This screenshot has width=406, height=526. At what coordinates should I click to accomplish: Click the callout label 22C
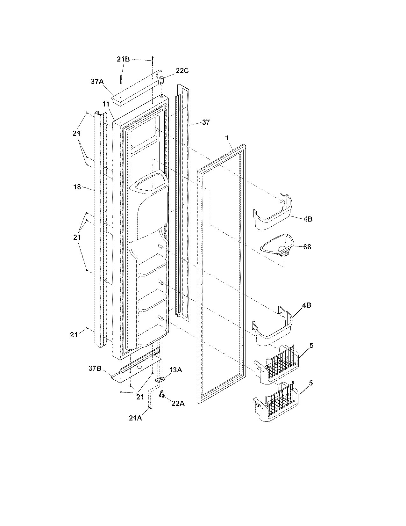coord(182,71)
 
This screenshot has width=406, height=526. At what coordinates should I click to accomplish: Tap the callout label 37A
coord(97,82)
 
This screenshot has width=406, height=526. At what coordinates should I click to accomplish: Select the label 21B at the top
coord(123,59)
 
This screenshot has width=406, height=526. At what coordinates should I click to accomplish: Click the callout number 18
coord(77,187)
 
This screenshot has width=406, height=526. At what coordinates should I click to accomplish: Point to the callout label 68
coord(307,246)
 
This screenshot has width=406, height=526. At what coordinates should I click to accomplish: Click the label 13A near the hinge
coord(175,370)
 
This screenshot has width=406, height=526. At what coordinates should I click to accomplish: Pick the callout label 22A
coord(178,403)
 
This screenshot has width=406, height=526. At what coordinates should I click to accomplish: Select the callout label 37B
coord(95,369)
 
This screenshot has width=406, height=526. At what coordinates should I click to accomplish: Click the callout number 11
coord(106,104)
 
